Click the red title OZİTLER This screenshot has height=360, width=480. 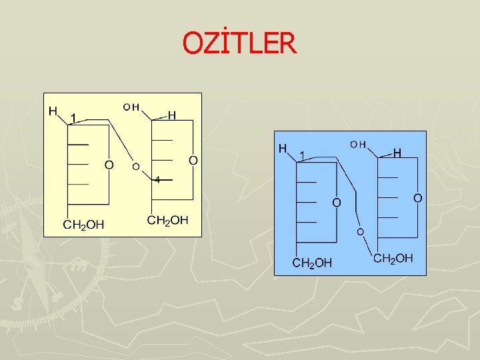239,44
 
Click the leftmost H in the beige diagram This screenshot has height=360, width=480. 53,111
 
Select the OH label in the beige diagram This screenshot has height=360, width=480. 131,107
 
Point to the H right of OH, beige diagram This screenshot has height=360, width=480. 171,115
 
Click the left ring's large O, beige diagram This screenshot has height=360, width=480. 109,164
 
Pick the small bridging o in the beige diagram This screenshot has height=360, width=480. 135,166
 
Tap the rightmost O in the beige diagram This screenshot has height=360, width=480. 193,160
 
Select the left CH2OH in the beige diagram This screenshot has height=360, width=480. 83,224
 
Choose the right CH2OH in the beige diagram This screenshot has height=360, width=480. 167,220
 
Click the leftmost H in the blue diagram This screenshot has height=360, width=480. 283,147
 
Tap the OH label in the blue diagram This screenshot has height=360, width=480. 359,144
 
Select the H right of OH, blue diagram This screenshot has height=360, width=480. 397,153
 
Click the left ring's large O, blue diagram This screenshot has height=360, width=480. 337,202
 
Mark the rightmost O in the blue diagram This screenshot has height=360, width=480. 417,198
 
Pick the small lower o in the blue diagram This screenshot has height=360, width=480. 359,232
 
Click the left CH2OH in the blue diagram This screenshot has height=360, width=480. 312,263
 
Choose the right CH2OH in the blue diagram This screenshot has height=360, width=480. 393,258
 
